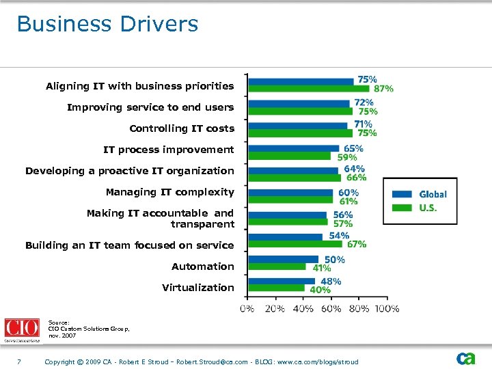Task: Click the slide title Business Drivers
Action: point(107,24)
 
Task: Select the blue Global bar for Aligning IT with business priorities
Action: point(301,81)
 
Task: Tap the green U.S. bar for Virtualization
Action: point(277,288)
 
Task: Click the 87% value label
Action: point(383,88)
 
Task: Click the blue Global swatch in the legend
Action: point(402,194)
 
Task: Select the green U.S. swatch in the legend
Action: point(402,208)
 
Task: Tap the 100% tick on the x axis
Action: point(387,308)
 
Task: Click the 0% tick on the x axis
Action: point(247,308)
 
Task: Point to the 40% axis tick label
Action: point(303,308)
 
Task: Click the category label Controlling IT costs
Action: point(181,128)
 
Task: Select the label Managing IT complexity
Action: point(169,192)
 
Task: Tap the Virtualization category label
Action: point(197,287)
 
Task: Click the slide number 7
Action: point(20,361)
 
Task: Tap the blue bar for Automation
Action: point(284,259)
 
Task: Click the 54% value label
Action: point(339,236)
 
